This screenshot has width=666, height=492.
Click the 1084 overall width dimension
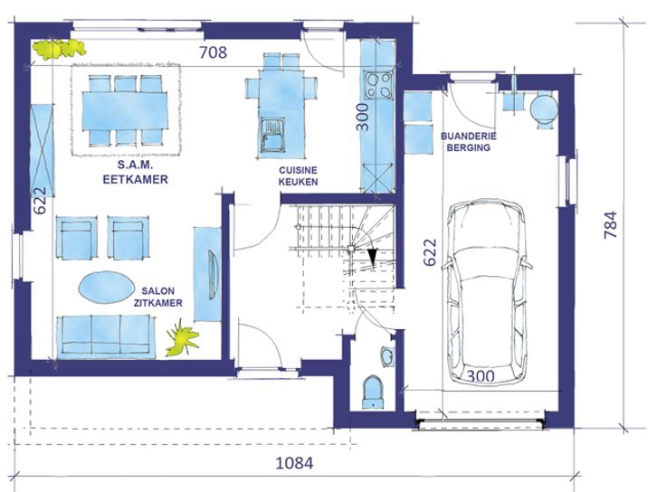tap(294, 463)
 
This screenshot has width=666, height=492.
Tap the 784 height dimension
tap(611, 224)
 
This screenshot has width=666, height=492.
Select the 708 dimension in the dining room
tap(214, 52)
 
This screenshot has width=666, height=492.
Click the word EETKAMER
tap(136, 180)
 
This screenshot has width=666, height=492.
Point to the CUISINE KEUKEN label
tap(299, 175)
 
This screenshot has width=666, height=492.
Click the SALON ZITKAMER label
tap(158, 297)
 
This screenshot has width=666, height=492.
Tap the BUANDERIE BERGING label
tap(469, 142)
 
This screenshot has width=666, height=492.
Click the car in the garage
tap(487, 291)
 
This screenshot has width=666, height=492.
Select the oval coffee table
tap(105, 287)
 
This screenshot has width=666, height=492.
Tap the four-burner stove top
tap(379, 85)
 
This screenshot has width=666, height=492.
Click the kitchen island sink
tap(272, 135)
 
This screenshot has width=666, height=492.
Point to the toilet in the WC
tap(374, 393)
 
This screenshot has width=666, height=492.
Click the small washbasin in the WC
tap(387, 356)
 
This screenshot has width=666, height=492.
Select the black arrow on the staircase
tap(373, 257)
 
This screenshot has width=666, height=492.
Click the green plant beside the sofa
tap(183, 337)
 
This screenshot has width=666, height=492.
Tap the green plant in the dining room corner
tap(59, 49)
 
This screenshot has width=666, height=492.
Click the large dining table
tap(125, 111)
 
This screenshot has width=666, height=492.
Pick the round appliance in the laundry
tap(544, 109)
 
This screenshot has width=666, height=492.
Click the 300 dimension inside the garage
tap(480, 375)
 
